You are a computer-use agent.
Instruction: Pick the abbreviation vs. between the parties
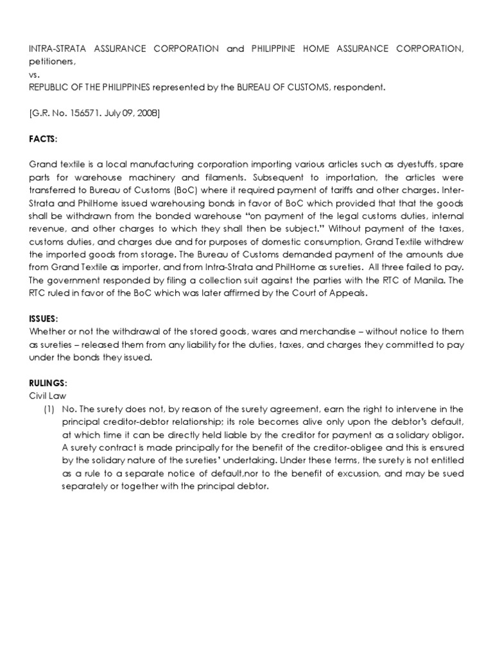35,74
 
